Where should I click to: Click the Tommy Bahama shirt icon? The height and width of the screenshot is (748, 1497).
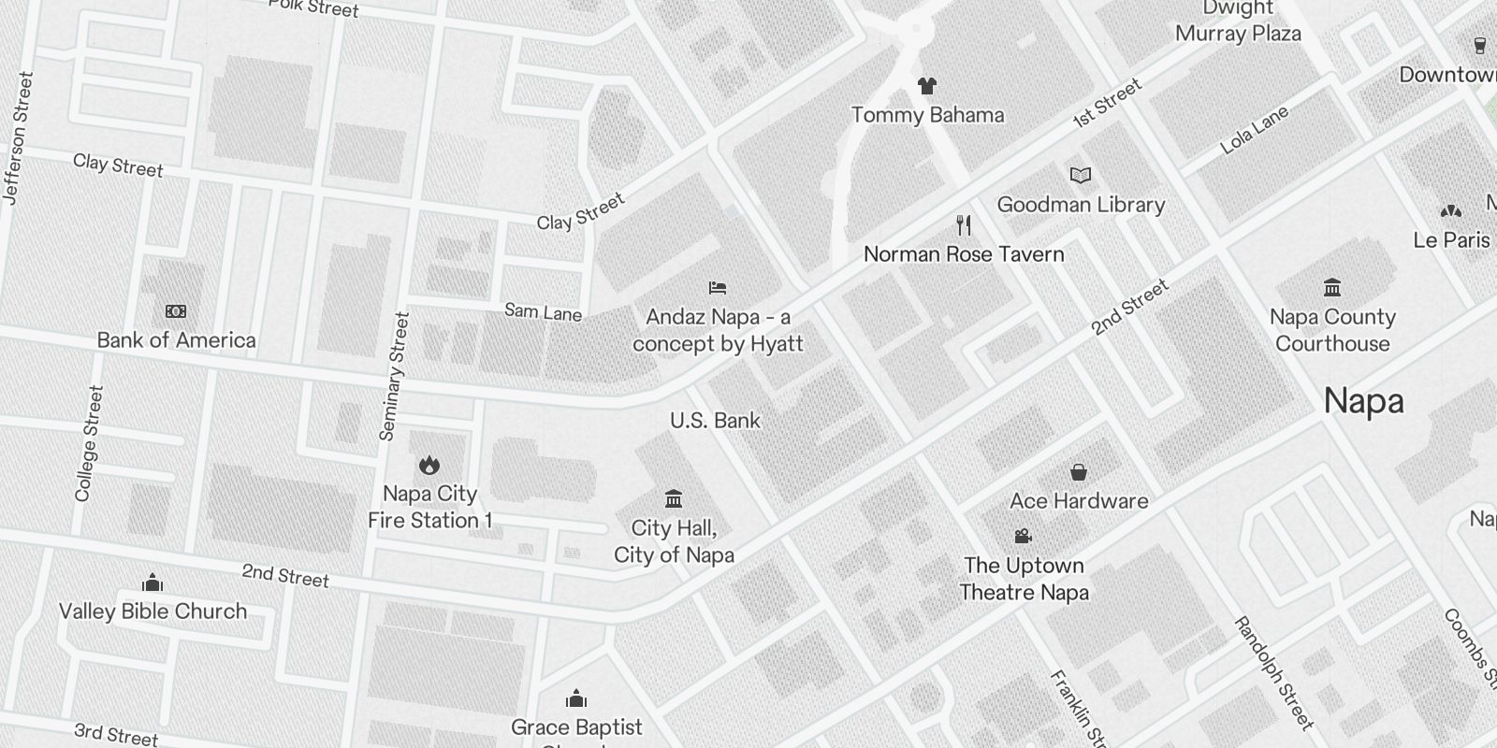click(x=926, y=86)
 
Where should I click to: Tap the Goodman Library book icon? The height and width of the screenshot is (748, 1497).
click(x=1081, y=175)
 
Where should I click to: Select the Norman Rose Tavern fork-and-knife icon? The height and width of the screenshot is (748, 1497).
click(x=964, y=224)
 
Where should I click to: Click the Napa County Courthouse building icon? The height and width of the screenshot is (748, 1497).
click(x=1332, y=287)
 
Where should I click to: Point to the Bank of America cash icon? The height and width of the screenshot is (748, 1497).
click(x=176, y=310)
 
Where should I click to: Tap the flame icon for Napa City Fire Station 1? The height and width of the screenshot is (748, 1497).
click(x=429, y=465)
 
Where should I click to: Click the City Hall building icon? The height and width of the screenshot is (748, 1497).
click(x=674, y=498)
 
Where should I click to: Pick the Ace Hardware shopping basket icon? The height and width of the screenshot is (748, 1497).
click(x=1079, y=472)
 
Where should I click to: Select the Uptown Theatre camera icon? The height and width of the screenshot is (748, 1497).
click(x=1023, y=536)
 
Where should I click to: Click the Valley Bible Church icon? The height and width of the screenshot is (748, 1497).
click(x=153, y=583)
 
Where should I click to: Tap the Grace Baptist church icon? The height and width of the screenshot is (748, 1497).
click(x=576, y=698)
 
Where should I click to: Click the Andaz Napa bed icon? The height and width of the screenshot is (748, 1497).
click(x=718, y=288)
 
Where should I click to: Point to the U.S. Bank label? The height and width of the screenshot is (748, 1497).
click(x=715, y=421)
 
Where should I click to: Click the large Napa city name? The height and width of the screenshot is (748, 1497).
click(x=1363, y=401)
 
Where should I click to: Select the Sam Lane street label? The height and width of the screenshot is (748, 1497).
click(x=543, y=312)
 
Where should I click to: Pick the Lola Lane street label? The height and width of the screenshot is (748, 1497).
click(x=1254, y=131)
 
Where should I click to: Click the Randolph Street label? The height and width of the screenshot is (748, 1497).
click(x=1273, y=672)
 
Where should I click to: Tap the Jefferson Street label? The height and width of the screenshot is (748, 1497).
click(x=18, y=137)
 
